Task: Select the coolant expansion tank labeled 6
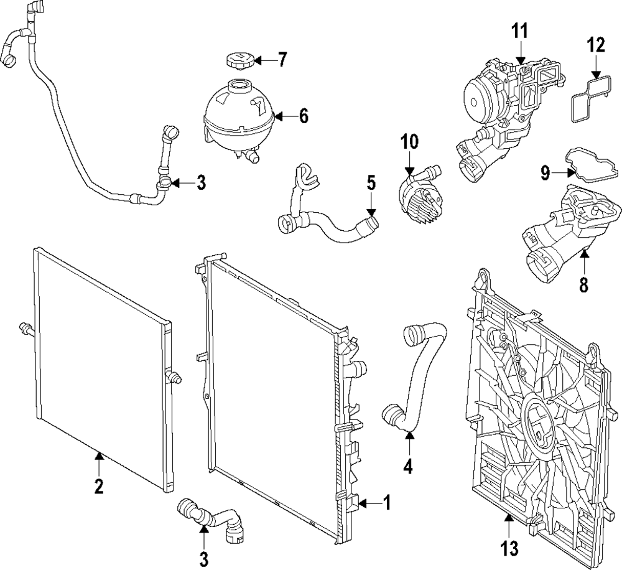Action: pos(238,116)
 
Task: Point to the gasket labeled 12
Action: pos(588,99)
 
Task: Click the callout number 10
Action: pos(410,142)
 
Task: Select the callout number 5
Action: pos(371,184)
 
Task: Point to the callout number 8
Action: pos(583,285)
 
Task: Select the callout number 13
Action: pos(508,548)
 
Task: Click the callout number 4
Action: pos(408,465)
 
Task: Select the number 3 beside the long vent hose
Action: pos(201,183)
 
